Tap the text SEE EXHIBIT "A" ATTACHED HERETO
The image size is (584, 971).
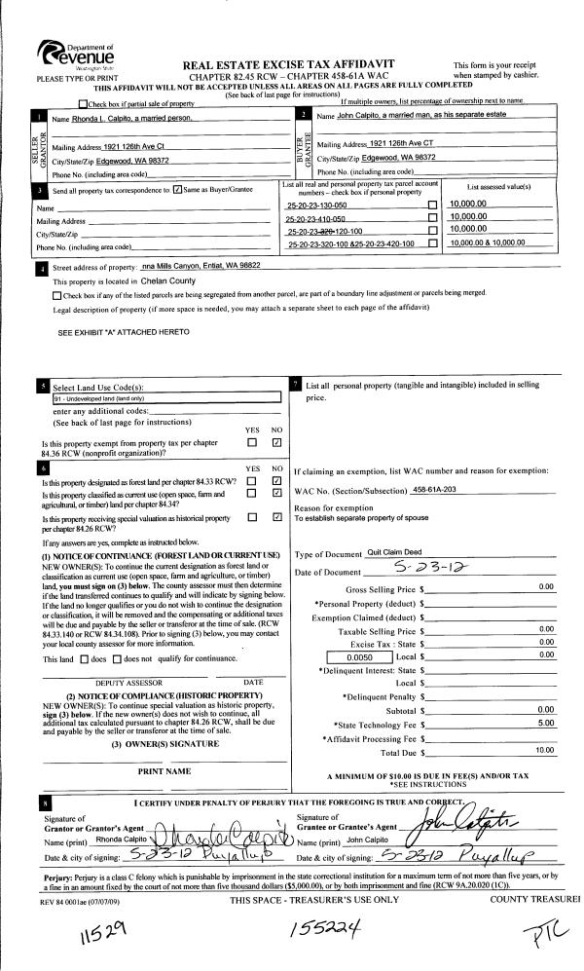click(x=124, y=332)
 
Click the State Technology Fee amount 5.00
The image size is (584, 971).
click(x=545, y=724)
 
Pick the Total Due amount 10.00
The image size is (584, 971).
click(x=543, y=751)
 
